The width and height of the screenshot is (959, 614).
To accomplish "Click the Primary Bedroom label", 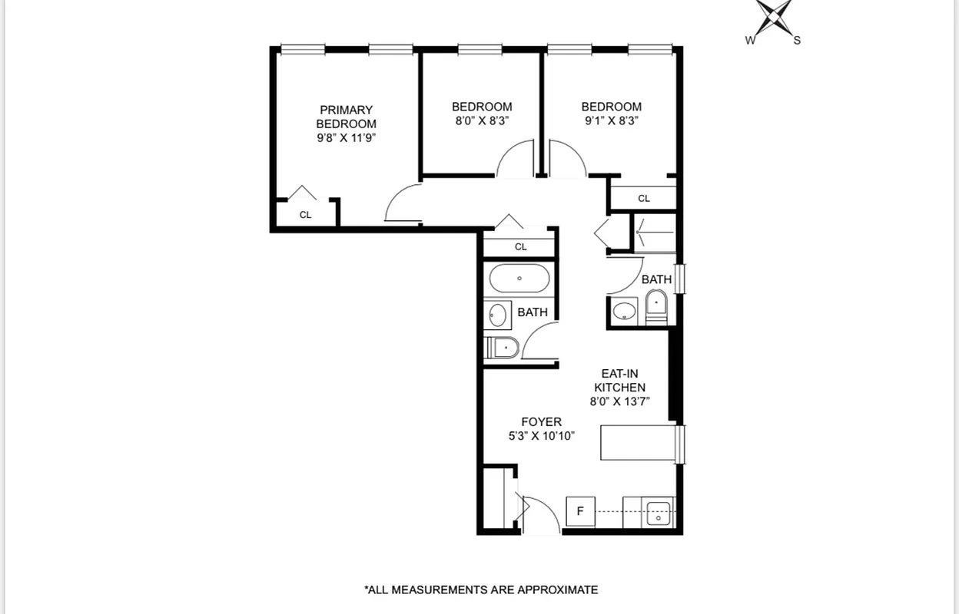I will point(346,117).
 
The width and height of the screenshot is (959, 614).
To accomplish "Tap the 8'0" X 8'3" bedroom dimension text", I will point(481,120).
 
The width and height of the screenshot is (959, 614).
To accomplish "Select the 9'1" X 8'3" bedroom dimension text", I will point(611,120).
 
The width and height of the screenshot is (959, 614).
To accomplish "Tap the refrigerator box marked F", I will point(580,511).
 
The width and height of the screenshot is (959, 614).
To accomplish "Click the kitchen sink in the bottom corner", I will point(659,513).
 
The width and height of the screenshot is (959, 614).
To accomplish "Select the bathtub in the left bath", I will point(519,279).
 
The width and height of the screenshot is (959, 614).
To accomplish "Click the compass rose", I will point(774,17).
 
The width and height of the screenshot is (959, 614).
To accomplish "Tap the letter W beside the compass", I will point(750,41).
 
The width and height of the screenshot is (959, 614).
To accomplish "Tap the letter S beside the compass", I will point(797,41).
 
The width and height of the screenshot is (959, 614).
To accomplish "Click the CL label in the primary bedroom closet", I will point(305,215).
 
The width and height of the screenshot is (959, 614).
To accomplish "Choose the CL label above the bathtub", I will point(520,247).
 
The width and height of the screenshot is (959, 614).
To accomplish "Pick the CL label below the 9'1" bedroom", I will point(643,199).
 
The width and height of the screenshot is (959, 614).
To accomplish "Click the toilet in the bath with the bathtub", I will point(503,348).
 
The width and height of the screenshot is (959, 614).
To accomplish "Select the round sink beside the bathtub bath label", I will point(499,314).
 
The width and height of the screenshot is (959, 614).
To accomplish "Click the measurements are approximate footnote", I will point(481,589).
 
